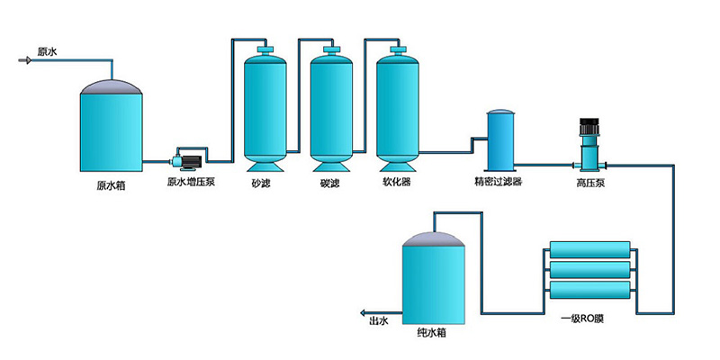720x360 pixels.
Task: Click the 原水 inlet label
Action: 47,53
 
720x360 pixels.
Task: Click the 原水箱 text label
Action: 112,188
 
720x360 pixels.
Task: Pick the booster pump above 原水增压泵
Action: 190,159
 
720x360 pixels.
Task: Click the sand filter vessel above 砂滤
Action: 265,108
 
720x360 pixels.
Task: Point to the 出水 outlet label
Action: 378,319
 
